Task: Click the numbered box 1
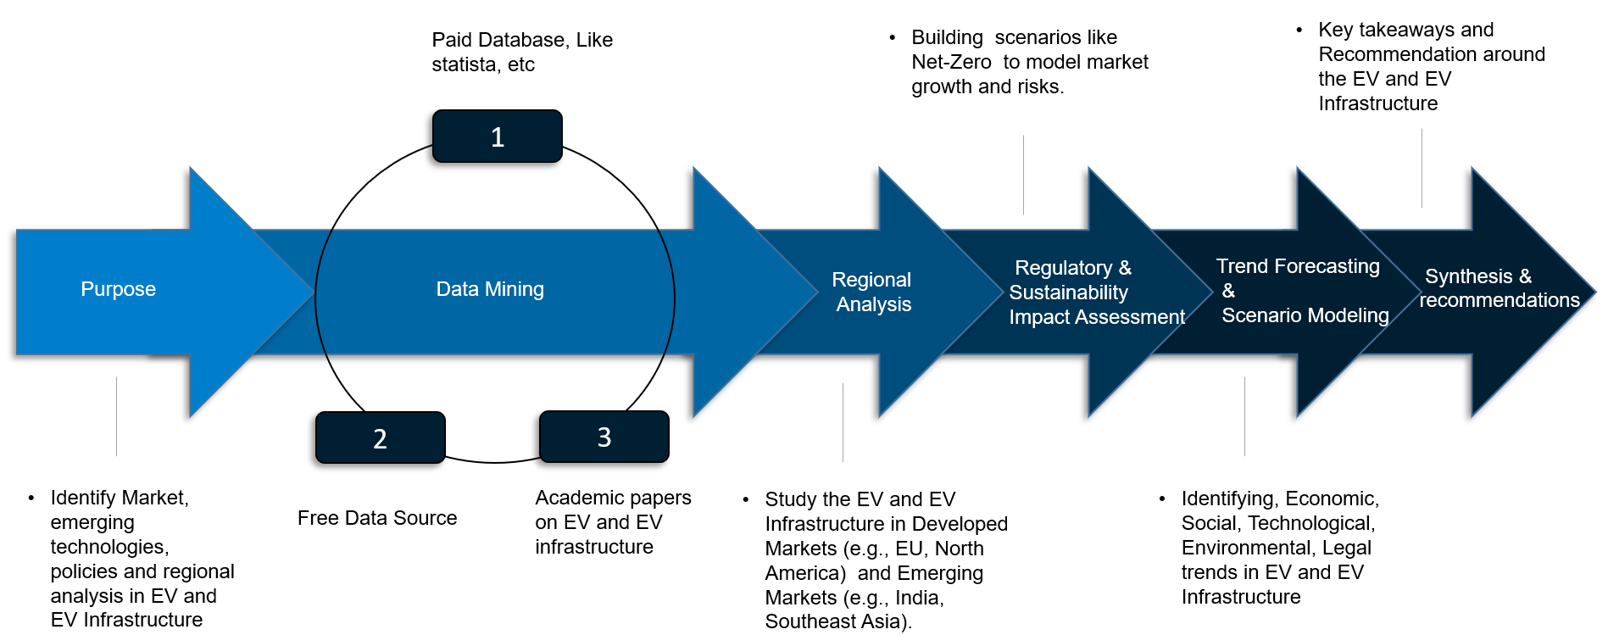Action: [x=498, y=136]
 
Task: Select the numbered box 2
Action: [x=380, y=438]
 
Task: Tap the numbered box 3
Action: [x=604, y=437]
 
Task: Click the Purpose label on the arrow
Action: [x=118, y=289]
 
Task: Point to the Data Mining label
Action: [x=490, y=289]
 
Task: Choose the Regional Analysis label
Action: [x=872, y=292]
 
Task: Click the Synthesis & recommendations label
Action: [x=1499, y=288]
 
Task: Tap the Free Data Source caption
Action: [x=377, y=518]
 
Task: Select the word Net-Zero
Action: [x=951, y=62]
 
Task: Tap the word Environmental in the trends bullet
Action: [x=1242, y=548]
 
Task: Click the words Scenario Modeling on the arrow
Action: [x=1305, y=315]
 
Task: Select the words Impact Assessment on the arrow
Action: [x=1096, y=317]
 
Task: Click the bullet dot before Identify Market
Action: [x=31, y=498]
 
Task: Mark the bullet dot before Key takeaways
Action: [x=1299, y=30]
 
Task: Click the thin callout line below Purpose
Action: [x=116, y=416]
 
